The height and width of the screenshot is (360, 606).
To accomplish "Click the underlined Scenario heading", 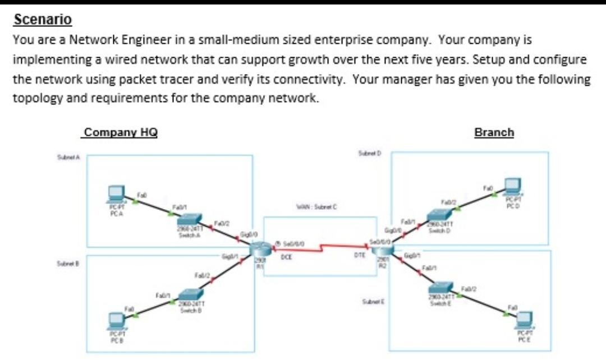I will click(43, 20).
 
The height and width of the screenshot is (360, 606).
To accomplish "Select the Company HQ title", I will click(120, 132).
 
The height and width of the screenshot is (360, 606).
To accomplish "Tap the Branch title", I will click(494, 132).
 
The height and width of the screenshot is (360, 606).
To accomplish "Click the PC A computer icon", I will click(117, 193).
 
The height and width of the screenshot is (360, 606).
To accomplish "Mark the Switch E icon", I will click(443, 288).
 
